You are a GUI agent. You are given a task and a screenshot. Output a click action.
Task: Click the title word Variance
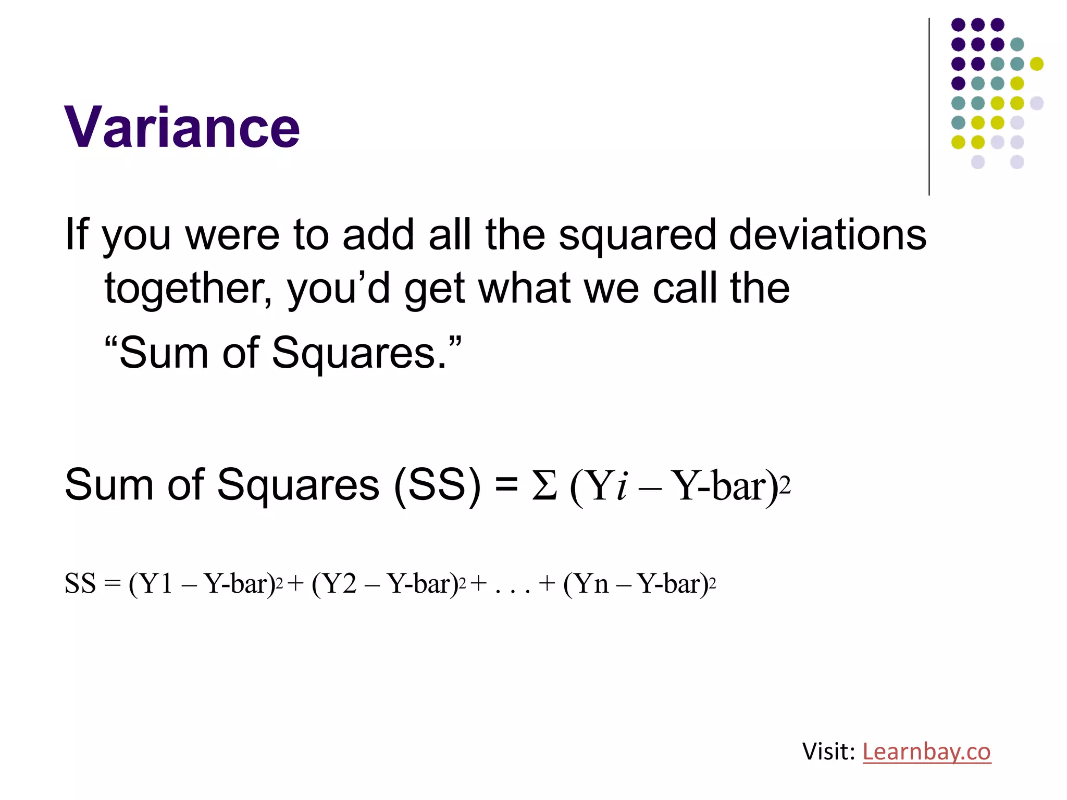(x=182, y=128)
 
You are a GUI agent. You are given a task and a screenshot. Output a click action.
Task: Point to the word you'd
(x=339, y=289)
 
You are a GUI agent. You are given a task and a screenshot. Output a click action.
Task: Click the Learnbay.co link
(x=926, y=752)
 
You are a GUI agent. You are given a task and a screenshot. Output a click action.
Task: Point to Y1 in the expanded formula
(x=157, y=583)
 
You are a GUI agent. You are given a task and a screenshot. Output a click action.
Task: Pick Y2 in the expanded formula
(x=341, y=583)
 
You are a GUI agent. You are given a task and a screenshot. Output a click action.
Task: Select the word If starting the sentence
(x=76, y=234)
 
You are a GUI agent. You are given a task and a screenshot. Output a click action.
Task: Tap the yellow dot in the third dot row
(x=1037, y=64)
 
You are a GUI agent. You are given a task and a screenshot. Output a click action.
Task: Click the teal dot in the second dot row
(x=1017, y=44)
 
